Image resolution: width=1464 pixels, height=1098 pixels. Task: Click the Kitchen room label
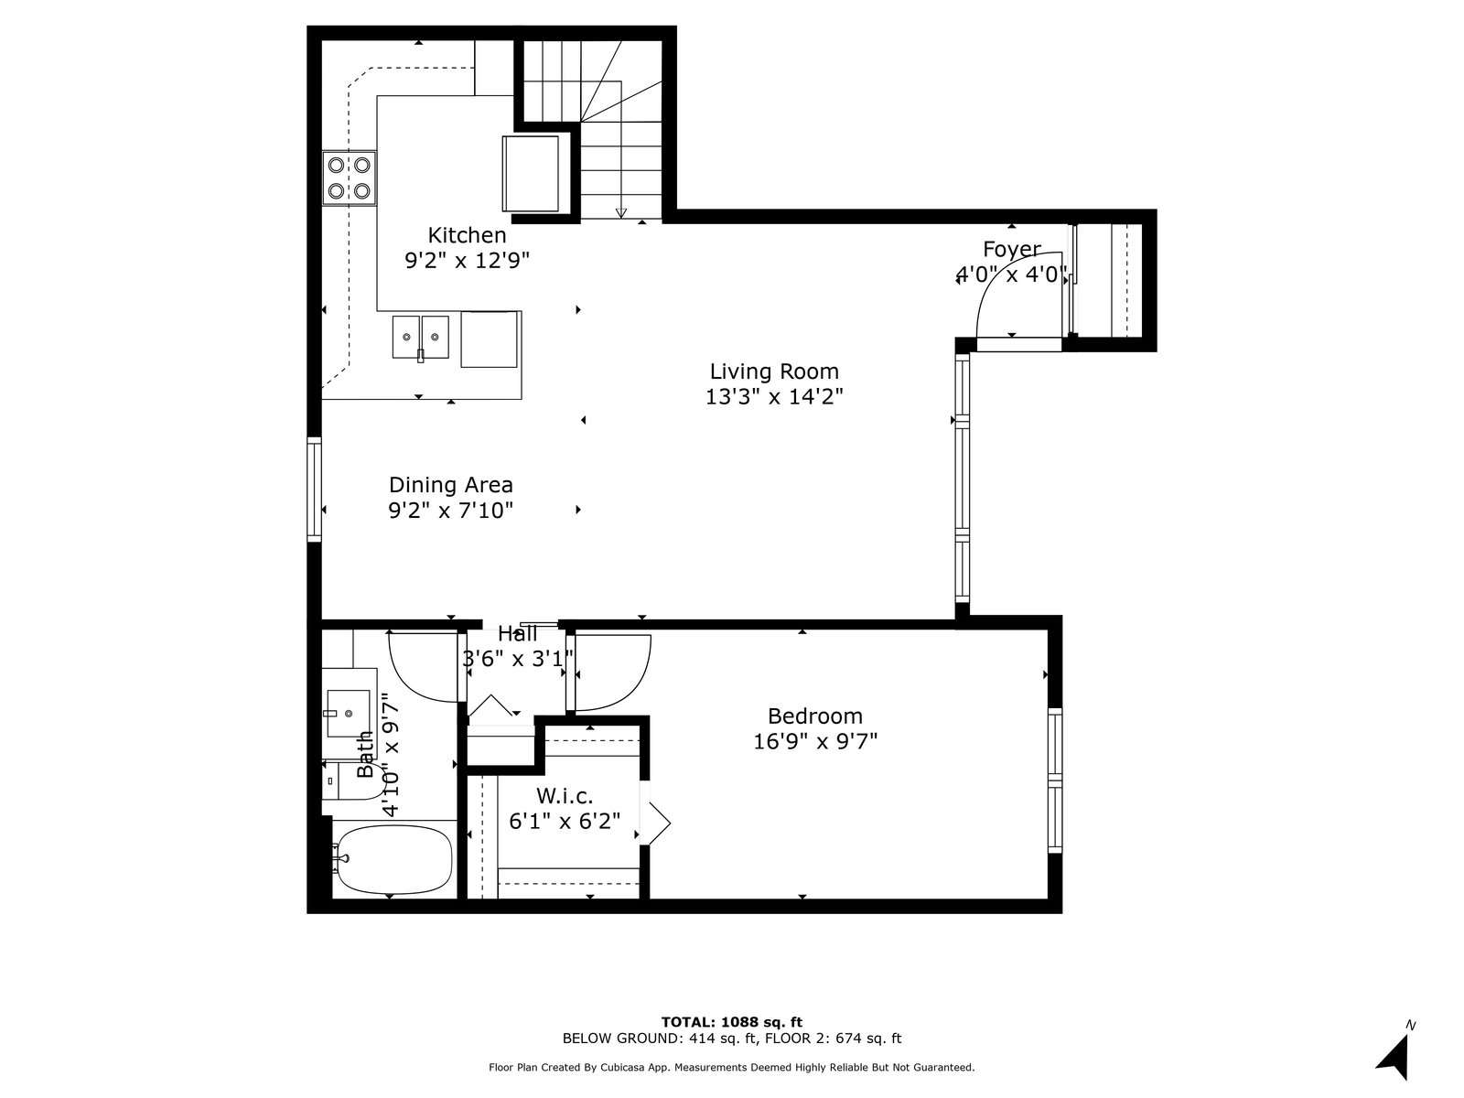(x=467, y=235)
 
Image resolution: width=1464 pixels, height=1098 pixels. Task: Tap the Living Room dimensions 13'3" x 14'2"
(x=774, y=397)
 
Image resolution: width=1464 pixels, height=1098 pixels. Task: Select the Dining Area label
(x=451, y=485)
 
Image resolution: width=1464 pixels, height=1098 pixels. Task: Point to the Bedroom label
(x=815, y=716)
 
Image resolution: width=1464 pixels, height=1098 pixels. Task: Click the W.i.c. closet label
(x=565, y=796)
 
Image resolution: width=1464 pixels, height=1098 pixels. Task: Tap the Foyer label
(x=1012, y=249)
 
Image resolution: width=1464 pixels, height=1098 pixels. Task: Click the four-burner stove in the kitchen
(x=349, y=178)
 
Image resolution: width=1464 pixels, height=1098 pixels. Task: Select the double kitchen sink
(x=420, y=338)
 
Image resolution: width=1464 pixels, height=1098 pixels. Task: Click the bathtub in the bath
(x=394, y=860)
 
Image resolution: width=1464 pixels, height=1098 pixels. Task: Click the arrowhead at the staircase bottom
(x=621, y=212)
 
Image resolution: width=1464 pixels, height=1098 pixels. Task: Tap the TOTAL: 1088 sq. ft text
(x=732, y=1022)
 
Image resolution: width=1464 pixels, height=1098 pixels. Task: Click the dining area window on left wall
(x=314, y=489)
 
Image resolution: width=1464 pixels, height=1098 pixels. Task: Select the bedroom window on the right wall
(x=1054, y=780)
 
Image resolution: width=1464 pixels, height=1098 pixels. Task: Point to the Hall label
(x=518, y=633)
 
